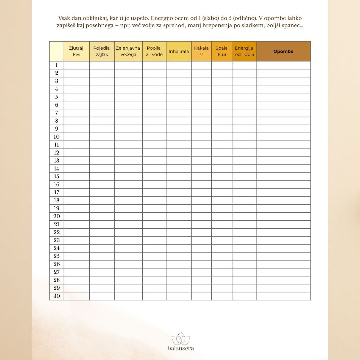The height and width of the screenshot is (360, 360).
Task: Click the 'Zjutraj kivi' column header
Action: click(77, 51)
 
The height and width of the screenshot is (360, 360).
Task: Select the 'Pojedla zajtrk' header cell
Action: click(102, 51)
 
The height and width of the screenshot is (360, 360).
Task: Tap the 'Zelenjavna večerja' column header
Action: click(128, 51)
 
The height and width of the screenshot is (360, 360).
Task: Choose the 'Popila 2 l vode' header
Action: click(154, 51)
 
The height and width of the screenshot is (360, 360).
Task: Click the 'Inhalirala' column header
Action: click(179, 51)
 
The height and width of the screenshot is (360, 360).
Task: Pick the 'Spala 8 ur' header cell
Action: click(222, 51)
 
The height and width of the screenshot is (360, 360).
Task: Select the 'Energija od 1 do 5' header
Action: click(244, 51)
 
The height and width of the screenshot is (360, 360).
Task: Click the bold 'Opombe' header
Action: click(283, 51)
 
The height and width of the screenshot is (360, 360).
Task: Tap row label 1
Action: click(57, 65)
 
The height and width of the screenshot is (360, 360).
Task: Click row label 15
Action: click(57, 177)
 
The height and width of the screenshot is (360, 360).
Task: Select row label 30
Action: click(57, 296)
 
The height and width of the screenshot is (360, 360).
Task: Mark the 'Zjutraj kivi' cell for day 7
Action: click(77, 113)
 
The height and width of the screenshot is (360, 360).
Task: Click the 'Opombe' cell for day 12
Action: click(283, 153)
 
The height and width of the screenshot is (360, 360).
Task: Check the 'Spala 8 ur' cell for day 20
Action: click(222, 216)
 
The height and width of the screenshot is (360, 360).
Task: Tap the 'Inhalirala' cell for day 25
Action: click(179, 256)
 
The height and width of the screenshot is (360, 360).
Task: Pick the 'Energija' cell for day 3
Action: click(244, 81)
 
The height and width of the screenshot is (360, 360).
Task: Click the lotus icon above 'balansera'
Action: click(180, 339)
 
